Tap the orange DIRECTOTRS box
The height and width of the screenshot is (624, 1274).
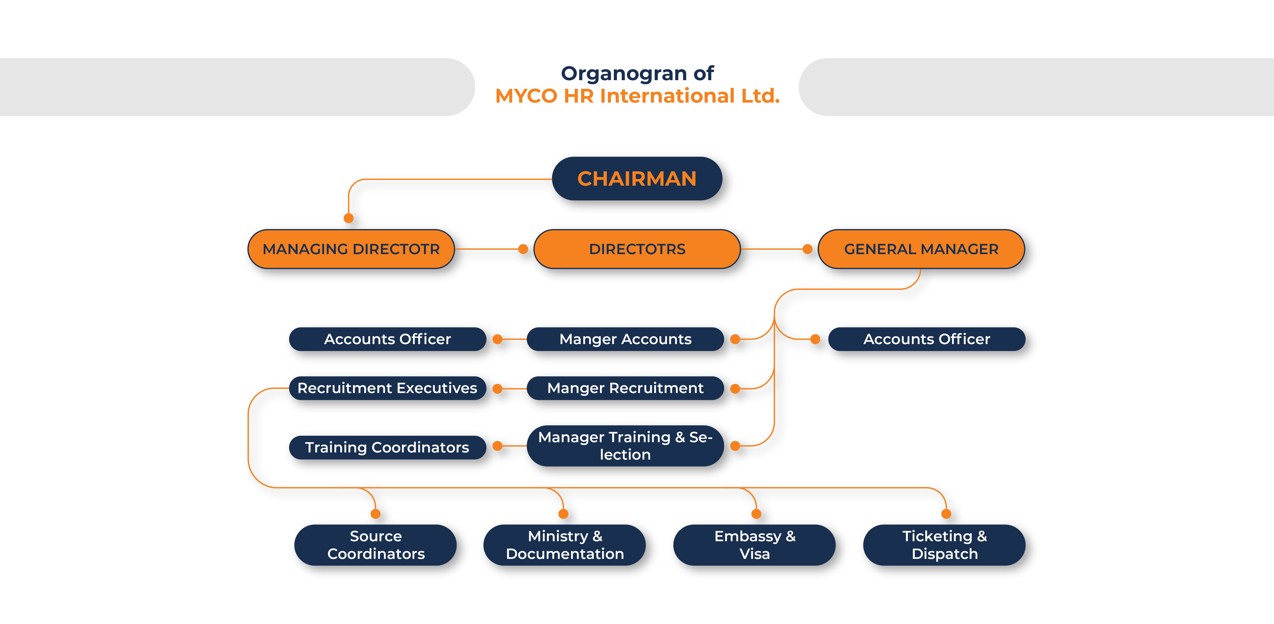(x=637, y=249)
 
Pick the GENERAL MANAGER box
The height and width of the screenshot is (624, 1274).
(x=921, y=249)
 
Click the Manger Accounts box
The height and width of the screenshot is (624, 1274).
(x=625, y=339)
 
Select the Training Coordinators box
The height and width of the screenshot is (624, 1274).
(x=387, y=447)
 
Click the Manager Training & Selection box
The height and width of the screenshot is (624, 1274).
(x=625, y=446)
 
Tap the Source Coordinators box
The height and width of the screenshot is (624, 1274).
(x=376, y=545)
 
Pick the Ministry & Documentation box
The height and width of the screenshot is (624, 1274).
(x=565, y=545)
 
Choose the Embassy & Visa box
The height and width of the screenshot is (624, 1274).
(x=755, y=545)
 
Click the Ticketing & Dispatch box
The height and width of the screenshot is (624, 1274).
(x=945, y=545)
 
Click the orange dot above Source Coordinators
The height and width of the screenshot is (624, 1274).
(x=375, y=514)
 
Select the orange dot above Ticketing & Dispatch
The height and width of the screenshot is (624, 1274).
(x=946, y=514)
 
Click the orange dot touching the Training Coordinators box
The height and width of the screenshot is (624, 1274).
(x=498, y=446)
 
